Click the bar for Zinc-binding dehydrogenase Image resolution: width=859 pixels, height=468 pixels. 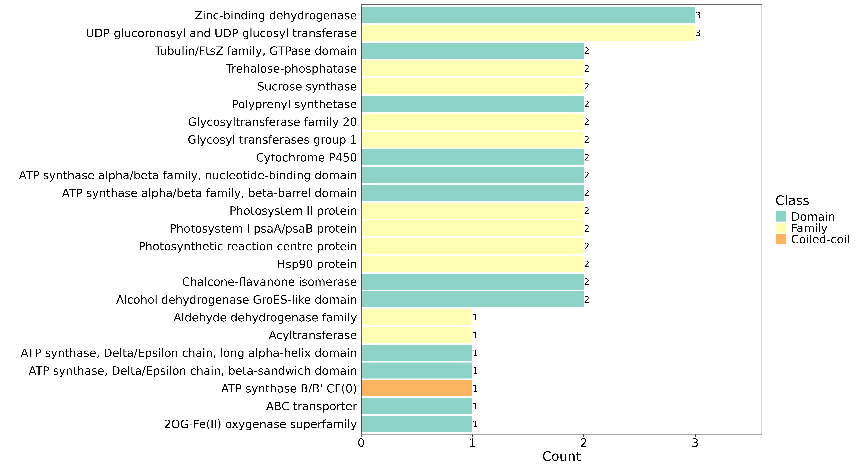pos(528,15)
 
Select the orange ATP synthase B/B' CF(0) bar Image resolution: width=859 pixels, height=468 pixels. pos(417,389)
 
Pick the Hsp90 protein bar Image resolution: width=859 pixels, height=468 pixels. pos(473,264)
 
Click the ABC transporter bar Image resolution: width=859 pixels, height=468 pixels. pos(417,406)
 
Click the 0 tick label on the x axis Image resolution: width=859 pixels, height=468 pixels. pos(361,443)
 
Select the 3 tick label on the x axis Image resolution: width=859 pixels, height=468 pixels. pos(695,443)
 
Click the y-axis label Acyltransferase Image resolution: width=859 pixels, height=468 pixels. pos(313,335)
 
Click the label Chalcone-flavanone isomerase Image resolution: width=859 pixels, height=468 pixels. pos(269,282)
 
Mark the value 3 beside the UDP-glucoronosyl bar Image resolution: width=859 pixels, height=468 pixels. pos(698,33)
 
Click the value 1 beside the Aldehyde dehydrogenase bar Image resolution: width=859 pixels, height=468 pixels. pos(475,317)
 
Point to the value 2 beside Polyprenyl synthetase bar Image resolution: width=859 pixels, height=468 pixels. pos(587,104)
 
